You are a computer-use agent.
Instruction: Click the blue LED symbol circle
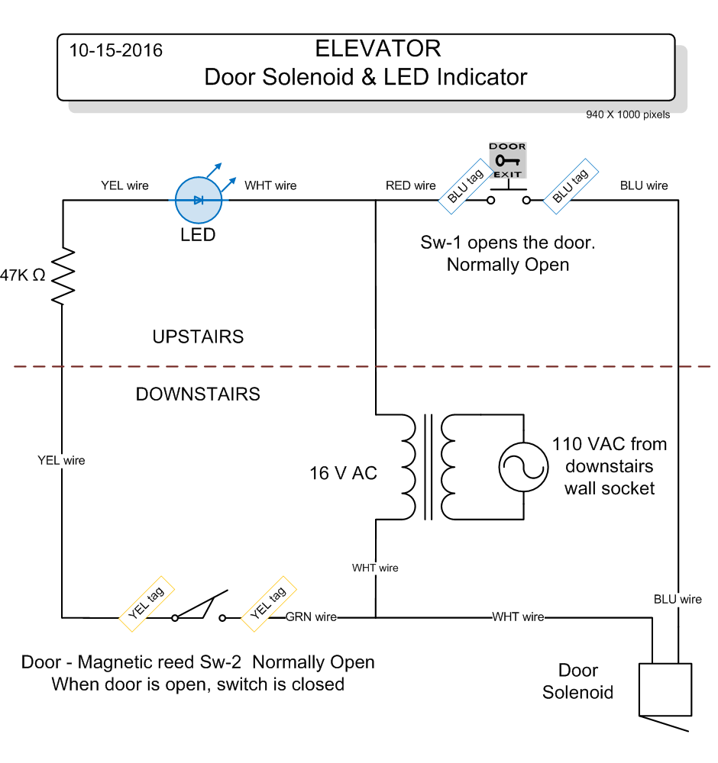click(x=199, y=201)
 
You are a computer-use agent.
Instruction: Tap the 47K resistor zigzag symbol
click(x=63, y=275)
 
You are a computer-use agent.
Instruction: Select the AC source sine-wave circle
click(x=523, y=465)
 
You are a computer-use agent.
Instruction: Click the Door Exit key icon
click(x=508, y=159)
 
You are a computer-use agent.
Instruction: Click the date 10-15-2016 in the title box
click(x=116, y=51)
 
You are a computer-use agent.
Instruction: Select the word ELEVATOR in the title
click(x=377, y=49)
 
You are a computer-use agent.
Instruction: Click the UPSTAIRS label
click(x=198, y=336)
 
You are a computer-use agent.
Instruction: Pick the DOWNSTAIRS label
click(x=198, y=394)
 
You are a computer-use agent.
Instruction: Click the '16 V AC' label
click(x=343, y=473)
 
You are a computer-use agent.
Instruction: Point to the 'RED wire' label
click(x=411, y=185)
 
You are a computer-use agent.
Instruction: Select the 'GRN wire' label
click(x=311, y=617)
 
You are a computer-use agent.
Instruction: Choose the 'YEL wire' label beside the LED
click(x=125, y=185)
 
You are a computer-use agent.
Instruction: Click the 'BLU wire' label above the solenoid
click(x=678, y=599)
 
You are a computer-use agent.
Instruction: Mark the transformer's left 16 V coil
click(x=406, y=467)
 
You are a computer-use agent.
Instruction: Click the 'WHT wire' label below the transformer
click(x=375, y=568)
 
